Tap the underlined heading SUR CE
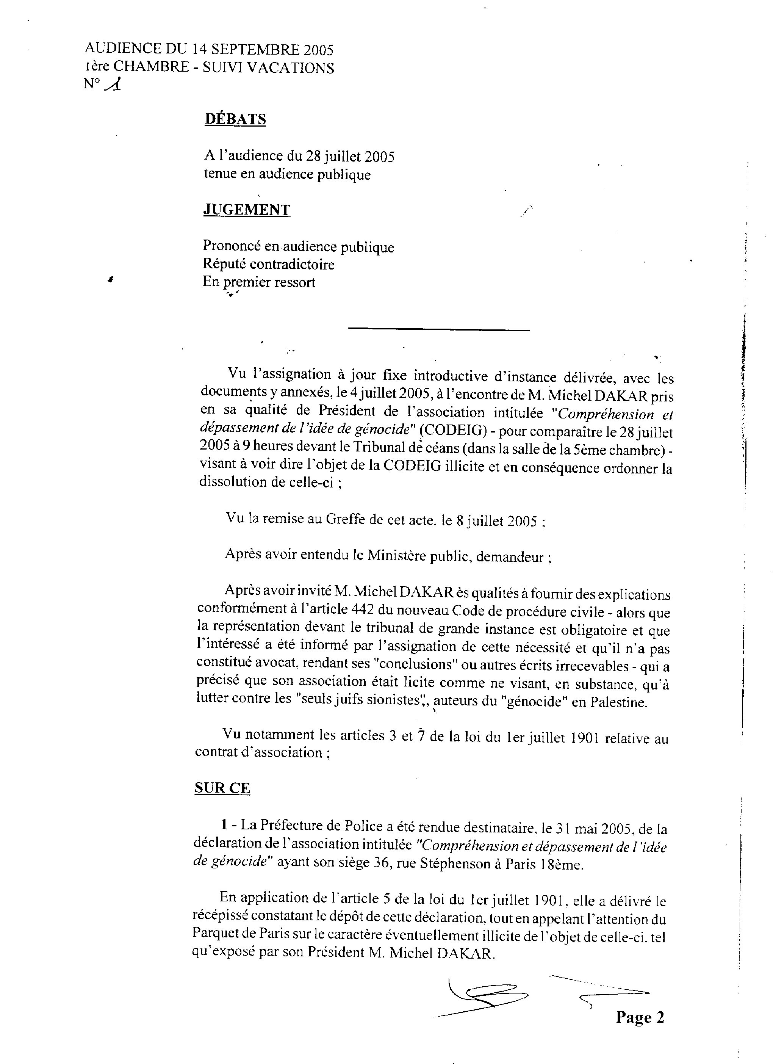[x=222, y=788]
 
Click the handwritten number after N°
[x=114, y=85]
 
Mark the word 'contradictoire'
[x=292, y=265]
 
